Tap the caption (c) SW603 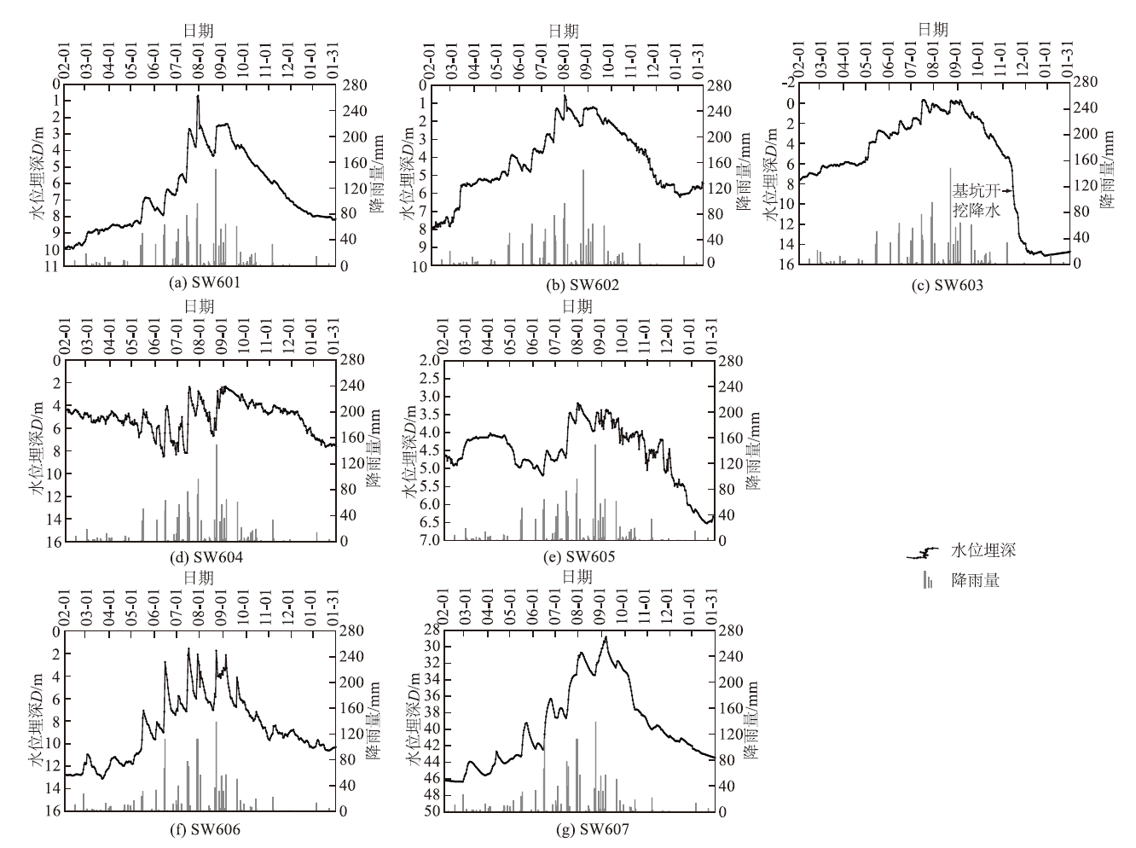click(x=934, y=285)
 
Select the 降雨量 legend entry click(x=975, y=580)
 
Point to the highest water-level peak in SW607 click(x=606, y=637)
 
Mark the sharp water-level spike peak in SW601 click(x=198, y=96)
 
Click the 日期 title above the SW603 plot click(x=932, y=28)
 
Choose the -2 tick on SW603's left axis click(x=789, y=83)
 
